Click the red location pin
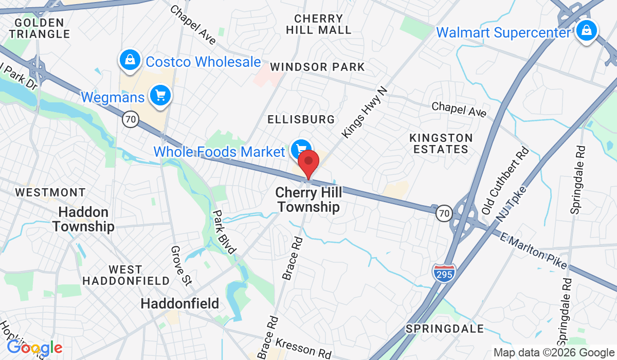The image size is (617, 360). point(308,164)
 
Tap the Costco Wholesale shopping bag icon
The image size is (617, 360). point(130,60)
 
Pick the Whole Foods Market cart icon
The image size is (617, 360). point(300,150)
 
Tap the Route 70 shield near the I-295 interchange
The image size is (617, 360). point(444,212)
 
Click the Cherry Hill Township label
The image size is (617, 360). point(307,200)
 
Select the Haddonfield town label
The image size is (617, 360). point(180,303)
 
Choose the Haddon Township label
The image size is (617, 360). point(83,219)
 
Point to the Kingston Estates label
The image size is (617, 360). point(441,143)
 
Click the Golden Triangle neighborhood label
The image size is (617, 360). point(39,28)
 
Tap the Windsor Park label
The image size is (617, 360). point(317,67)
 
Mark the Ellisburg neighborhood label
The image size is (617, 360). point(301,119)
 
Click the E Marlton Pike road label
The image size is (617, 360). point(533,250)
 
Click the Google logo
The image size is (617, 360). point(34,348)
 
